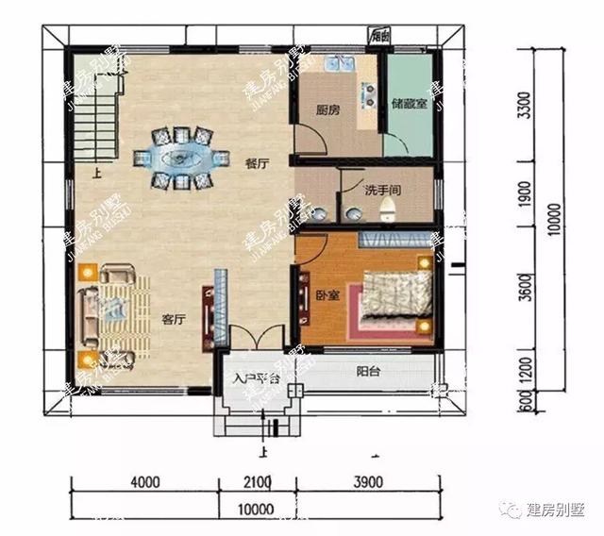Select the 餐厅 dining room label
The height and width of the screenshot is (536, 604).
tap(257, 162)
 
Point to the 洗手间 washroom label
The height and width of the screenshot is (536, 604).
tap(384, 190)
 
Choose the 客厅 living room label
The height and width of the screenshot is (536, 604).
tap(172, 319)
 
